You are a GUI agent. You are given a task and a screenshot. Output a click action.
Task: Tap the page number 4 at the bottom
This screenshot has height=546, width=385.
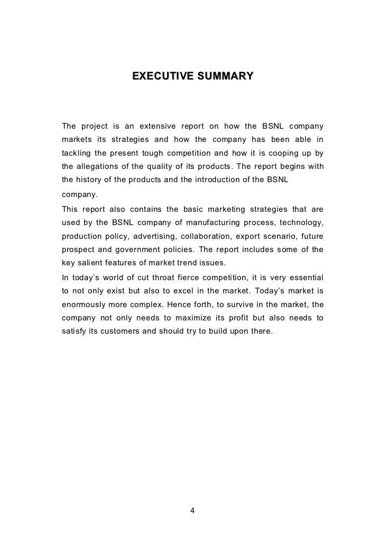click(x=192, y=511)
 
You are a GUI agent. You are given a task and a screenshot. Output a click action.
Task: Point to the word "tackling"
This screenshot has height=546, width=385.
click(x=76, y=154)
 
